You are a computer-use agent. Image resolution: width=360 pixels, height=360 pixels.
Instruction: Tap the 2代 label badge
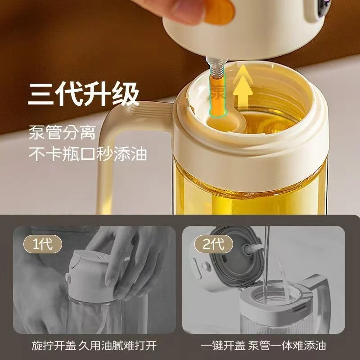pos(208,244)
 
